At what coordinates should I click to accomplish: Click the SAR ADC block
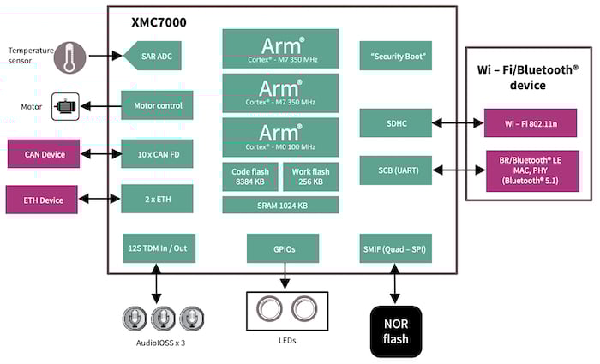157,56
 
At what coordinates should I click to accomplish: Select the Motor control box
157,105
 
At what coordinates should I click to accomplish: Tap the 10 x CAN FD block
157,154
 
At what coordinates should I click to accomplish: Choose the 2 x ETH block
157,199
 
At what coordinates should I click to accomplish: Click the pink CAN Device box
44,154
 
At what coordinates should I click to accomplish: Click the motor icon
65,106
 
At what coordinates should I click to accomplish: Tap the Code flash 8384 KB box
249,176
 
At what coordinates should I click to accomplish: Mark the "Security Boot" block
395,56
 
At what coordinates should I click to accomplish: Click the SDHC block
395,123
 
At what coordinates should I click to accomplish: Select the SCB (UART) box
395,170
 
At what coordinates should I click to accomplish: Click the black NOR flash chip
395,331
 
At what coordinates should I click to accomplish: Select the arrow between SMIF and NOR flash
395,283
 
